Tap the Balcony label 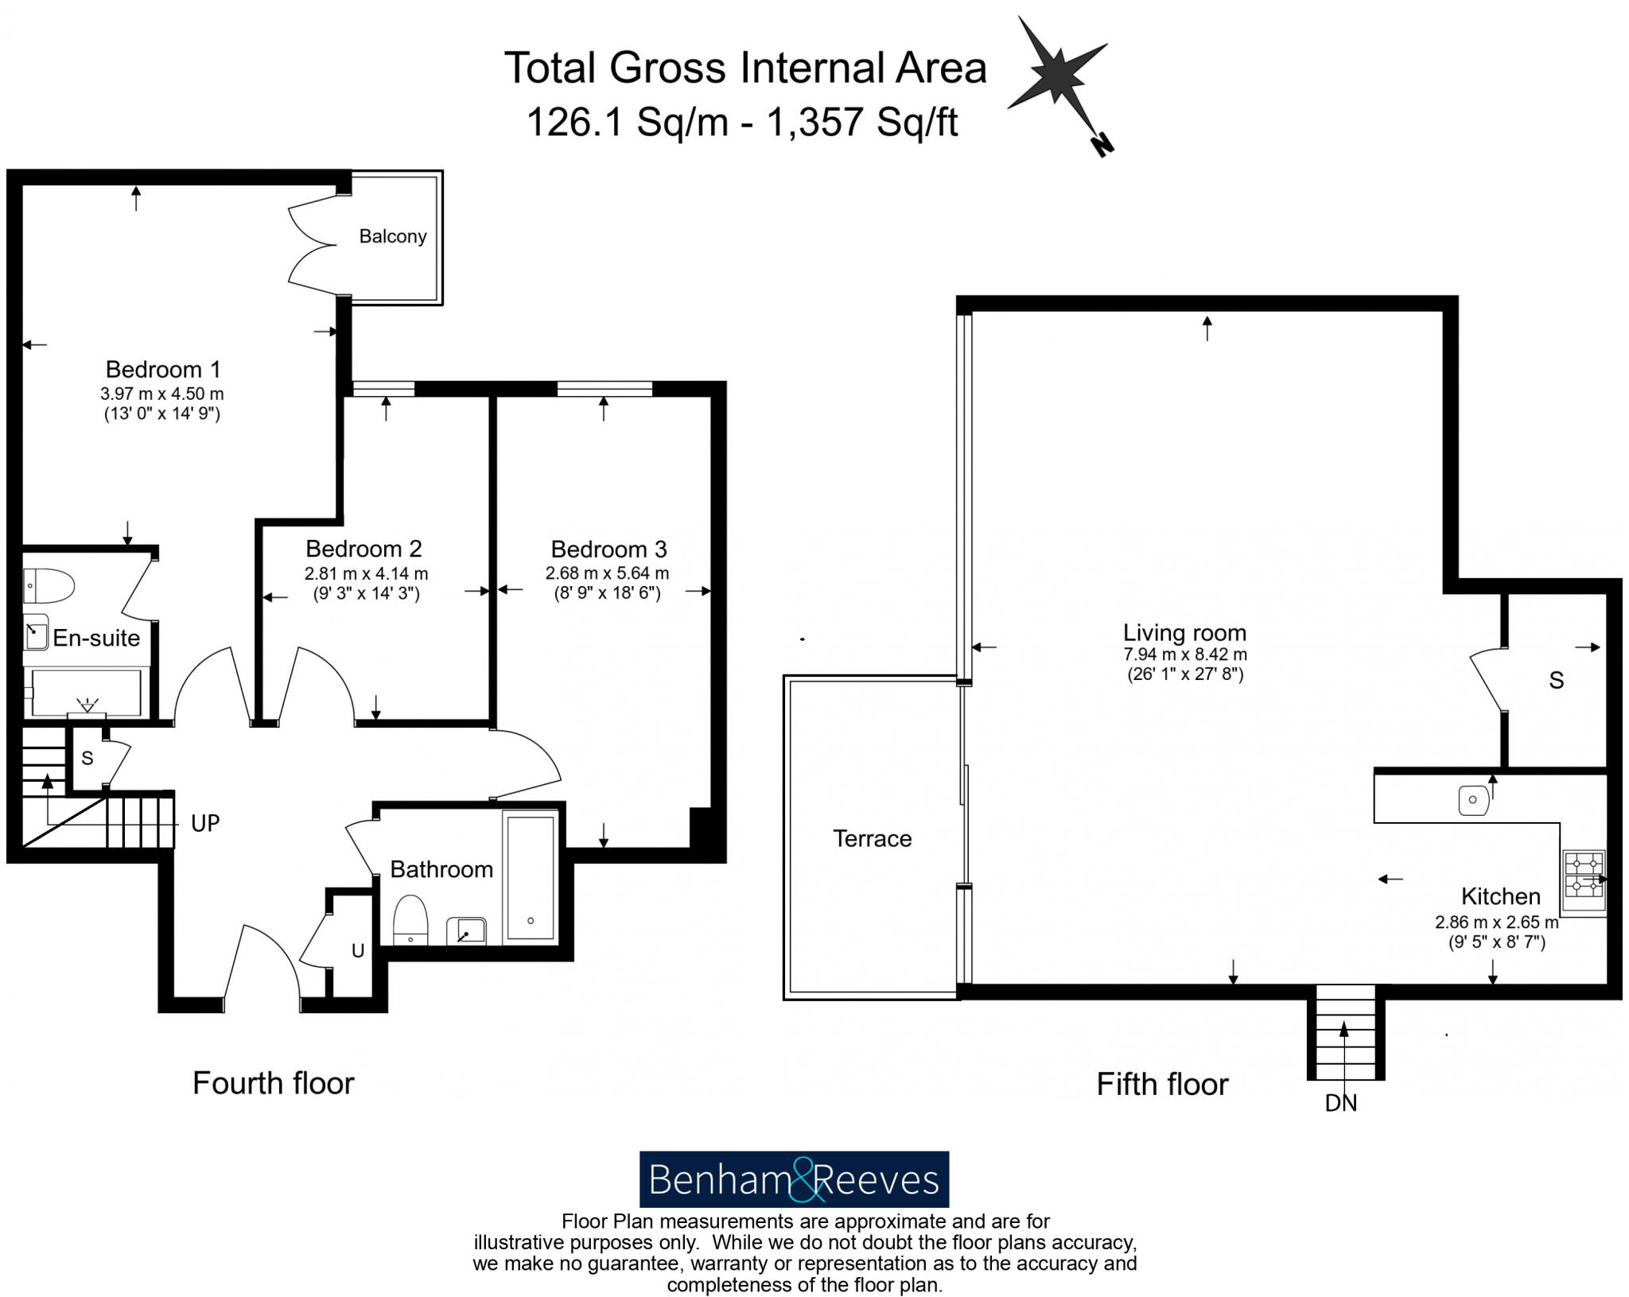coord(393,236)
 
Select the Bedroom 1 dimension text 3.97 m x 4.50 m coord(161,394)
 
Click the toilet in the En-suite coord(48,586)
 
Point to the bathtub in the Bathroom coord(531,875)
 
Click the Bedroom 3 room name coord(608,549)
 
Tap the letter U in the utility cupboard coord(358,950)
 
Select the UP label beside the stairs coord(205,824)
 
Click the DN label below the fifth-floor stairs coord(1341,1103)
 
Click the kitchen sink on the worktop coord(1473,800)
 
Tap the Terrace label coord(872,839)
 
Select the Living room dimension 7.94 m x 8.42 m coord(1184,654)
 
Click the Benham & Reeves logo coord(794,1179)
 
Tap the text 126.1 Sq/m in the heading coord(627,122)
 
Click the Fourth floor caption coord(273,1083)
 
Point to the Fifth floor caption coord(1162,1085)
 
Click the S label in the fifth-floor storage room coord(1556,681)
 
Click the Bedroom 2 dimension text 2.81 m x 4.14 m coord(366,573)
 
